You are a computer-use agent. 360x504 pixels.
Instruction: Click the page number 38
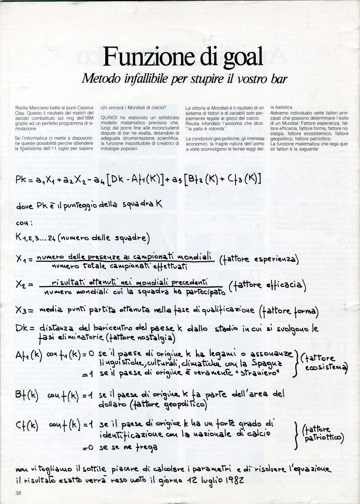[x=18, y=493]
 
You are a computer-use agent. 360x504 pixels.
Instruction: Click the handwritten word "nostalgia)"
[x=156, y=339]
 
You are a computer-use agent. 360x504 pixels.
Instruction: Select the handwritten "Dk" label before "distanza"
[x=23, y=328]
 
